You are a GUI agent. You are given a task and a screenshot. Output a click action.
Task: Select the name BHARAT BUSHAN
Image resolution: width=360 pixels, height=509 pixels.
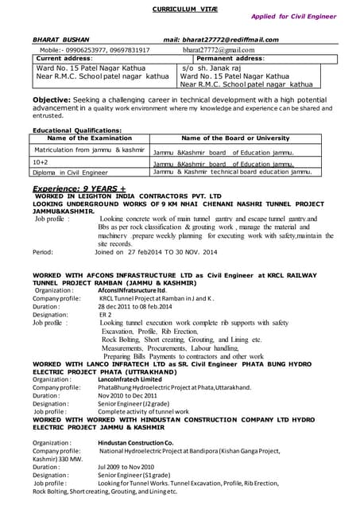tap(60, 39)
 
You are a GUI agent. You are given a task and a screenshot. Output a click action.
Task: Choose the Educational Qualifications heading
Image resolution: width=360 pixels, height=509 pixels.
tap(77, 130)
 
